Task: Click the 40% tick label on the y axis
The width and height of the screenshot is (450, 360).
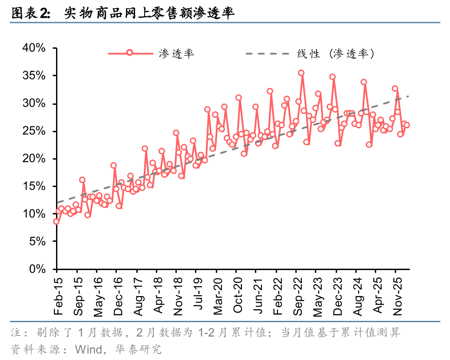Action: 34,48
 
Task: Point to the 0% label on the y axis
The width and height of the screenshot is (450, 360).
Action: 37,269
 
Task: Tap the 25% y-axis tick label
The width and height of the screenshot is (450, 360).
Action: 34,131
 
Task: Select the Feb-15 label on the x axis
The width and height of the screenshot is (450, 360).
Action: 58,296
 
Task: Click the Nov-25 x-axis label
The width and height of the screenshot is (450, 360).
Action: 397,296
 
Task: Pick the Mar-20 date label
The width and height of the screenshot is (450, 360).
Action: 218,296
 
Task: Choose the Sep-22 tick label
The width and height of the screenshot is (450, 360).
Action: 298,296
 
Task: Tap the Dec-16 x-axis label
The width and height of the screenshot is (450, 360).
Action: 118,296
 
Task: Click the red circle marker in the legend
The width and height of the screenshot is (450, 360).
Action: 129,53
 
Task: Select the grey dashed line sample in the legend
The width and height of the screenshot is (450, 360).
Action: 268,53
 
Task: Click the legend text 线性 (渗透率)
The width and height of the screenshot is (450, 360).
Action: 335,54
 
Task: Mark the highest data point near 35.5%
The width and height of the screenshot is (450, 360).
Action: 301,73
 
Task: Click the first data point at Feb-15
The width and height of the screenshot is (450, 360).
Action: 56,221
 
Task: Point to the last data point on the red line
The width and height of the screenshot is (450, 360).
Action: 407,125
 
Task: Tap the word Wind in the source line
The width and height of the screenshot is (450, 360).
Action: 89,350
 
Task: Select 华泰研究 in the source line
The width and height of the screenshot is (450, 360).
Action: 139,350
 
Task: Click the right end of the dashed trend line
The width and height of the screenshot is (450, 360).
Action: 409,96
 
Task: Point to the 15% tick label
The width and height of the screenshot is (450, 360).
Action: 34,186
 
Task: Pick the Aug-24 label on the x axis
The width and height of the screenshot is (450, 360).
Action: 357,296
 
